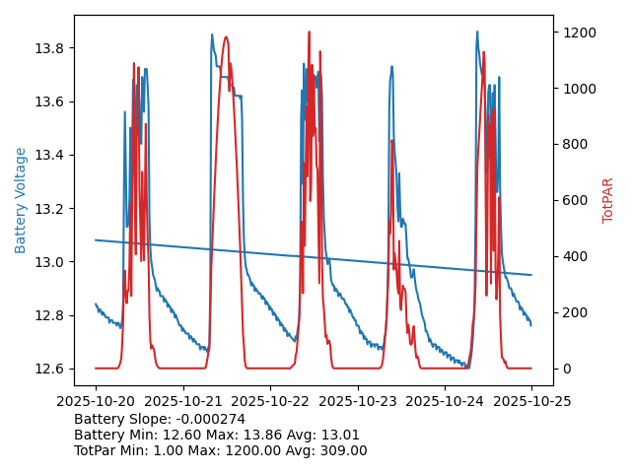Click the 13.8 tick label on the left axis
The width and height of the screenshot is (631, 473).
(x=49, y=48)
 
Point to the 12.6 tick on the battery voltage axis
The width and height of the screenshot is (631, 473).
(x=49, y=369)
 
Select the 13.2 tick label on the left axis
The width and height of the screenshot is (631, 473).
(x=49, y=209)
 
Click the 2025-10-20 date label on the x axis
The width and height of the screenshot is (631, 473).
(x=96, y=401)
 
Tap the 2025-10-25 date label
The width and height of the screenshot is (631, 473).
(x=531, y=401)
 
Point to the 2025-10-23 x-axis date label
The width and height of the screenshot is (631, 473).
(x=357, y=401)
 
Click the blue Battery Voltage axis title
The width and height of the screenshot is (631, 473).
(x=21, y=200)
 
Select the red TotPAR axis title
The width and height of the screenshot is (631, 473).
(x=608, y=200)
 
